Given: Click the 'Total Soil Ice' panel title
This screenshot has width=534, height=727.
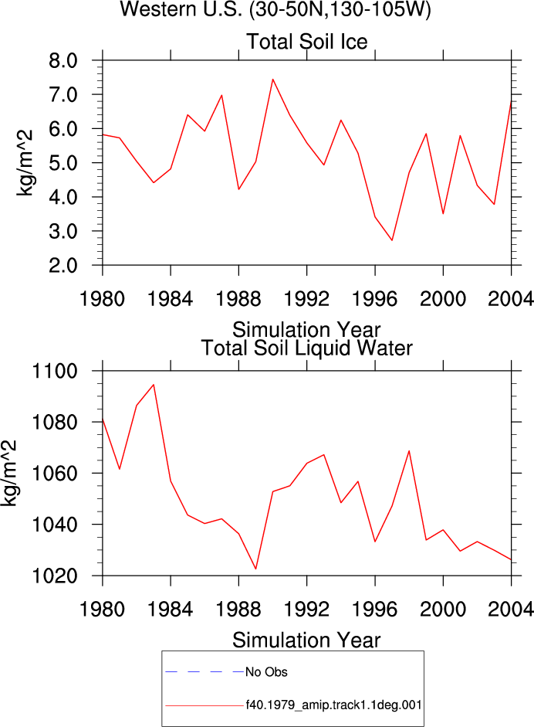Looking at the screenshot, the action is click(x=306, y=42).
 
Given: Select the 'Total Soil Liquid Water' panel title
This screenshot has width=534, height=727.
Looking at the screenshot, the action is click(x=306, y=348).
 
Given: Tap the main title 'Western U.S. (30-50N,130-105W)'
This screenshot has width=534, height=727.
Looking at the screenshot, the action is click(x=275, y=9).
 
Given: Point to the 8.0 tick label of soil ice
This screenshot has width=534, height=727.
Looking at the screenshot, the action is click(x=63, y=60).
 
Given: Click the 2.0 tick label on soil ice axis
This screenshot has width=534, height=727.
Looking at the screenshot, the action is click(x=63, y=266).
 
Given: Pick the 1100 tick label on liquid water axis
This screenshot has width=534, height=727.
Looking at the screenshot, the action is click(x=54, y=371).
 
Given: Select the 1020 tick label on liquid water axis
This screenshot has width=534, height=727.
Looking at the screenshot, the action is click(x=54, y=576).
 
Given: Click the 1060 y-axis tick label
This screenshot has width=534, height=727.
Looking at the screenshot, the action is click(x=54, y=474).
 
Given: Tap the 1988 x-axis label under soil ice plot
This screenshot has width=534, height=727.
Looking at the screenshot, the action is click(x=238, y=298).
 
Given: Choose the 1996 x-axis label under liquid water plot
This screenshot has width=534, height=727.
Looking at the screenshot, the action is click(x=375, y=609).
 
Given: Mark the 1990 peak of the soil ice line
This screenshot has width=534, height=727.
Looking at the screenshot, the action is click(x=273, y=80).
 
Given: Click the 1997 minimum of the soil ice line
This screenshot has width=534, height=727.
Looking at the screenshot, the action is click(x=392, y=240).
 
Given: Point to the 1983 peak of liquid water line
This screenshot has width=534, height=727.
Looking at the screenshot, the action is click(x=154, y=385).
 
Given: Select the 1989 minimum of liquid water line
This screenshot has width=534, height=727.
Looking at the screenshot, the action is click(x=255, y=569).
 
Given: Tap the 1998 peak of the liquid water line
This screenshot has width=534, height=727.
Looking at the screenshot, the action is click(x=409, y=450).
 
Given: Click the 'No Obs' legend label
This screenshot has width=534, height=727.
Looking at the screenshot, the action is click(x=266, y=672).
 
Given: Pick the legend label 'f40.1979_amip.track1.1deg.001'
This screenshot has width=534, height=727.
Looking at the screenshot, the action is click(x=333, y=705).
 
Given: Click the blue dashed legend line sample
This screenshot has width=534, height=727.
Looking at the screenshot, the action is click(x=204, y=672).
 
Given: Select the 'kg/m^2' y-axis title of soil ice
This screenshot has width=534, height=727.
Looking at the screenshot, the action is click(x=25, y=163).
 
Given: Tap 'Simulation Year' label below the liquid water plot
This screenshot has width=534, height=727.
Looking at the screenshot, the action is click(x=306, y=640).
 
